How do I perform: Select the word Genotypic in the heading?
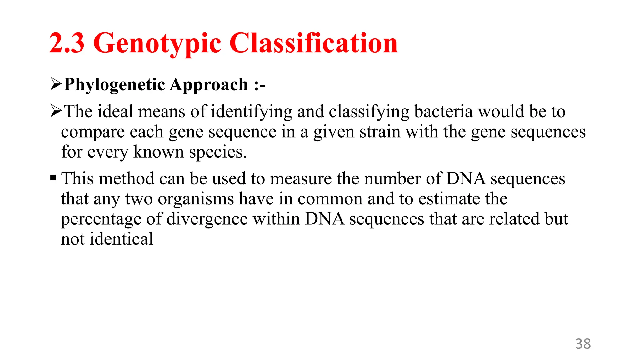pyautogui.click(x=157, y=44)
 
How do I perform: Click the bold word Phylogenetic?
pyautogui.click(x=114, y=85)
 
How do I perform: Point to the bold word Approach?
pyautogui.click(x=209, y=85)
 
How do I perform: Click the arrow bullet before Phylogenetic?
pyautogui.click(x=56, y=84)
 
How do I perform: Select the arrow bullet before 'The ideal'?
pyautogui.click(x=56, y=111)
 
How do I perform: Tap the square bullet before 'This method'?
pyautogui.click(x=53, y=178)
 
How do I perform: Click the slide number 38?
pyautogui.click(x=583, y=344)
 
